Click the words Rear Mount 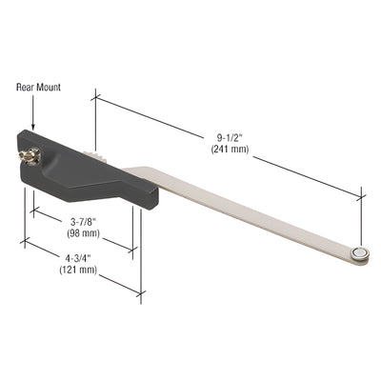38,87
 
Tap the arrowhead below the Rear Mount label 33,126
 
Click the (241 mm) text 230,149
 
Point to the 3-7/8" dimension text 83,223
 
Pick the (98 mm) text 83,233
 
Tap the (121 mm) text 78,270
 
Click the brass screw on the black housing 30,155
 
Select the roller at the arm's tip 359,253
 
